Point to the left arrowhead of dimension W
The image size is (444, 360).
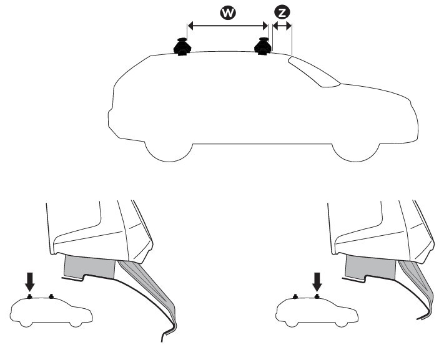pos(191,26)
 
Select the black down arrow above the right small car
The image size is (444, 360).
pos(317,283)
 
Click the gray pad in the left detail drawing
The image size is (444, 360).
pos(89,268)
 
